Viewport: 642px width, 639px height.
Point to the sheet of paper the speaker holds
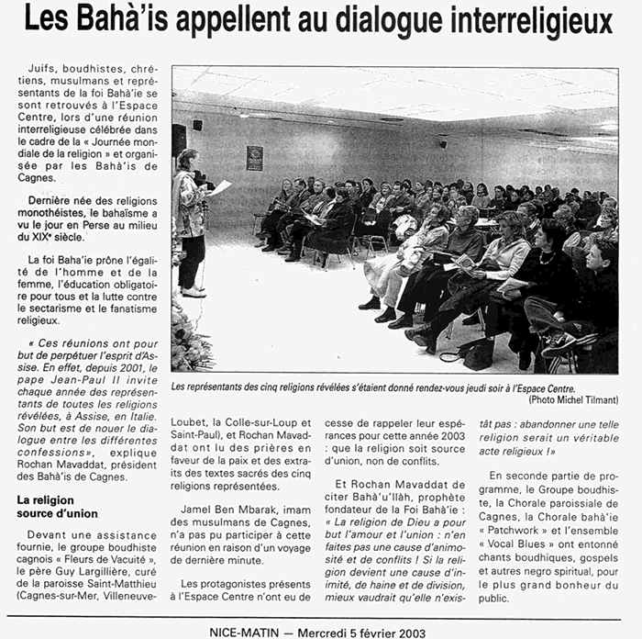tap(220, 187)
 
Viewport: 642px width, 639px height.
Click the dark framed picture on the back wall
tap(254, 157)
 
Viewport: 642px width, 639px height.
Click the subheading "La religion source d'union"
tap(57, 506)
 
